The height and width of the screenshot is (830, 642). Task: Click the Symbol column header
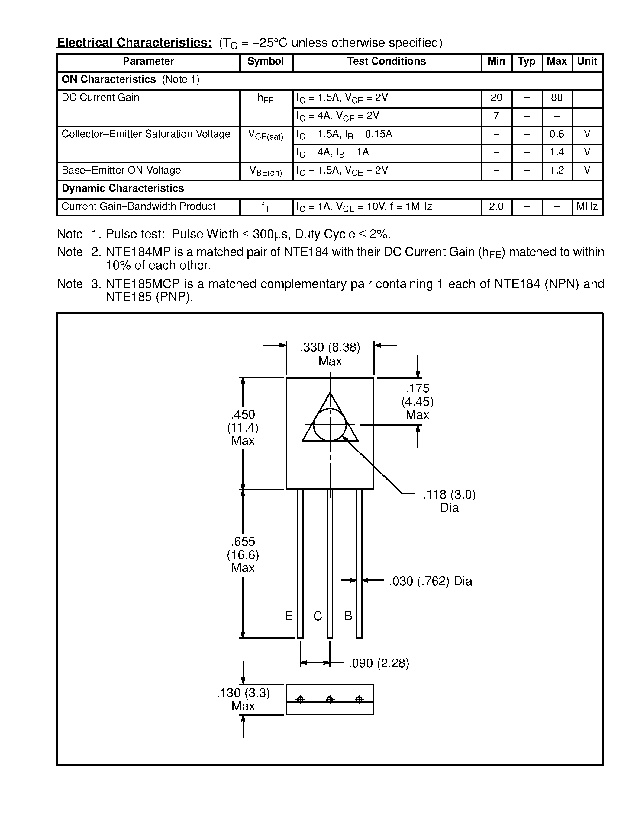point(266,62)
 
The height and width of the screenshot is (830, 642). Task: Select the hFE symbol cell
point(266,99)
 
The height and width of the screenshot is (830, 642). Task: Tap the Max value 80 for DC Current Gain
point(557,98)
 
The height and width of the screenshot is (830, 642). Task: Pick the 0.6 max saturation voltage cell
point(557,134)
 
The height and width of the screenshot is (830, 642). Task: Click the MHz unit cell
point(587,207)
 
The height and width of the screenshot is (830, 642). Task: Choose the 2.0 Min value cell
point(496,207)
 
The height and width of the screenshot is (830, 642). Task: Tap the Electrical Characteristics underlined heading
point(134,43)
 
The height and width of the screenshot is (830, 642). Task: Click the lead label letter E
point(289,616)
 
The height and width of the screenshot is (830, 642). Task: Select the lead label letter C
point(318,616)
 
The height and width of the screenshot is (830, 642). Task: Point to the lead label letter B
point(348,616)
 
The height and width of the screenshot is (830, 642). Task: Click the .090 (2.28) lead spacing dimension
point(379,663)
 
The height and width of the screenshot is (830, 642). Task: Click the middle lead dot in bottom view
point(330,699)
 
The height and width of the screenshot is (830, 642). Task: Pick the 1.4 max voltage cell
point(557,152)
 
